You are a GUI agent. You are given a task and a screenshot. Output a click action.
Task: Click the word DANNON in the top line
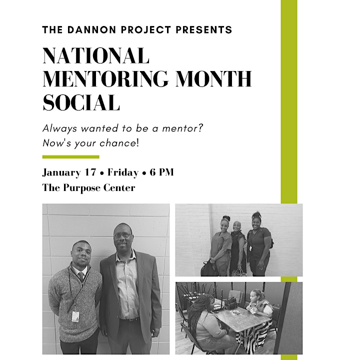point(91,30)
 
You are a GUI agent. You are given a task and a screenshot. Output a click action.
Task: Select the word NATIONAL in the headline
point(96,55)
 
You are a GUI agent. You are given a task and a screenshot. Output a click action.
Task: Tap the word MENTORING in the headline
point(105,79)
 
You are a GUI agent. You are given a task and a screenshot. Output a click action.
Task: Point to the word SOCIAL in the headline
point(81,102)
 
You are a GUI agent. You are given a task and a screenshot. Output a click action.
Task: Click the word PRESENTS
point(204,30)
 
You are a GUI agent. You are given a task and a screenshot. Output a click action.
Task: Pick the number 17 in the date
point(90,172)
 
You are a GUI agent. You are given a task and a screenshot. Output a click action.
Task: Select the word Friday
point(123,172)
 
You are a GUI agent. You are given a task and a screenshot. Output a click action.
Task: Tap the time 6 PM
point(161,172)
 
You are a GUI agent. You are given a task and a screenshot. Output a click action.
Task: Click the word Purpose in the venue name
point(81,188)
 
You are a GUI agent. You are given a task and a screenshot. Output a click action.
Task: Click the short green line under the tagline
point(70,157)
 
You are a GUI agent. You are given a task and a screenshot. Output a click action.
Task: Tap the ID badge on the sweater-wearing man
point(75,316)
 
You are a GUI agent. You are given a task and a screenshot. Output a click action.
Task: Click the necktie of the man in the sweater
point(81,276)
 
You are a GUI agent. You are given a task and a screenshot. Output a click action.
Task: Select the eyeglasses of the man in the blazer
point(123,235)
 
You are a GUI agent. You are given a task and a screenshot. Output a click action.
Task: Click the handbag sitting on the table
point(230,303)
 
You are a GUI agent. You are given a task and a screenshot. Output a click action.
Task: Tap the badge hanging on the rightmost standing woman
point(251,248)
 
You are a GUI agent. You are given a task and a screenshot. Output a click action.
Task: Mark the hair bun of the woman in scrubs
point(225,218)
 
